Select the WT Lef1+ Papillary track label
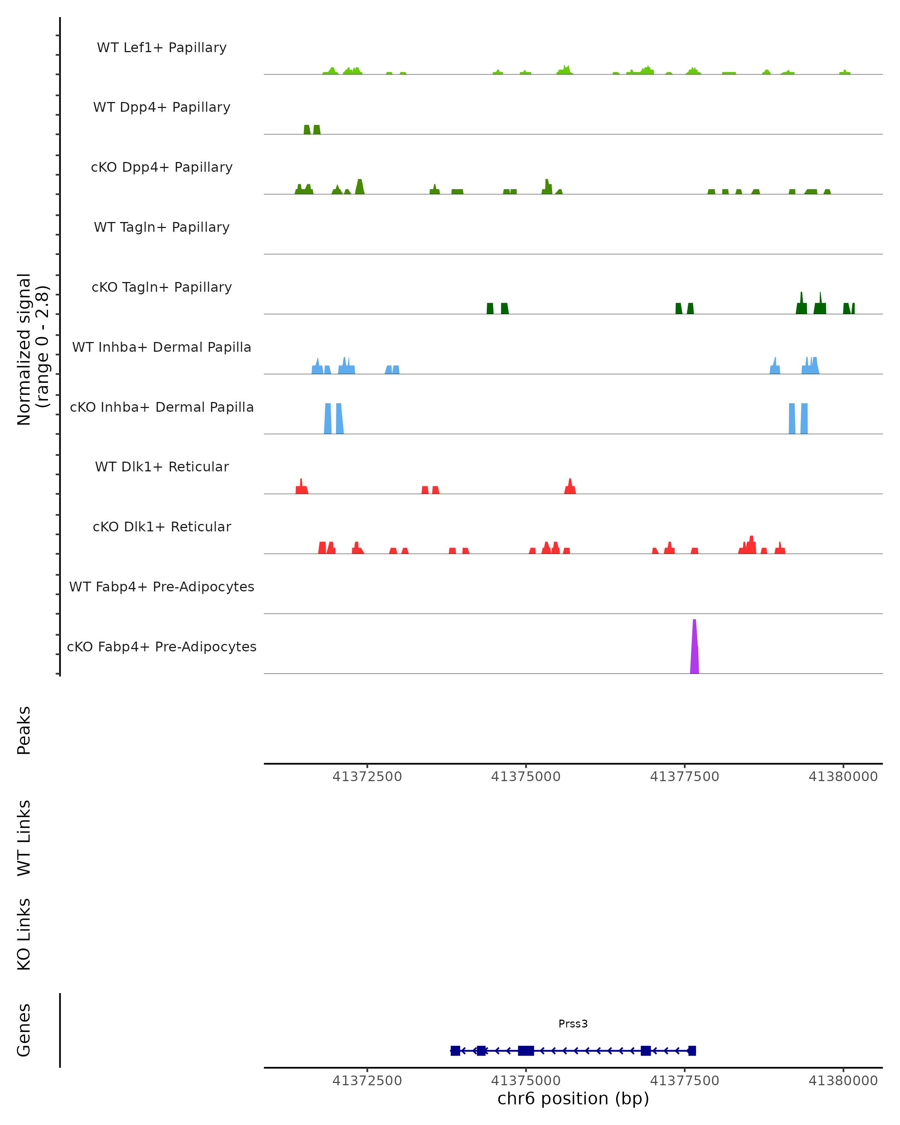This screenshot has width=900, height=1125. pos(162,48)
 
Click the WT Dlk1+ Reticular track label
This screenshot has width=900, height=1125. pos(162,466)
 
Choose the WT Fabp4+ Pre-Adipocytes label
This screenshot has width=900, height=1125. pos(162,586)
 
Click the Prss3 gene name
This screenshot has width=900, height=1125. pos(573,1023)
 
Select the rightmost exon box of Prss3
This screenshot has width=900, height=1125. pos(692,1050)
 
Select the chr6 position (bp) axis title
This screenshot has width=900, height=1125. pos(573,1098)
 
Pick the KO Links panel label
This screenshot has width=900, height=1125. pos(24,934)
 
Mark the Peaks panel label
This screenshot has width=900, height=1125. pos(24,730)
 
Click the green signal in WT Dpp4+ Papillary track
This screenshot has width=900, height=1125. pos(312,130)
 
